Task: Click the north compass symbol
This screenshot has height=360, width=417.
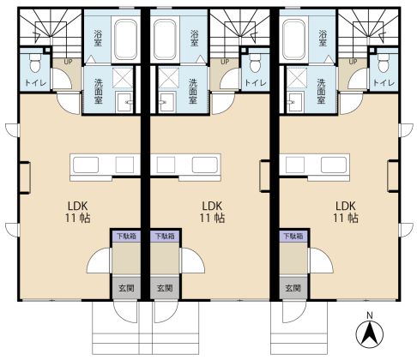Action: coord(370,333)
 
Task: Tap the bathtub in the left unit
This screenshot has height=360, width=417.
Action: coord(125,39)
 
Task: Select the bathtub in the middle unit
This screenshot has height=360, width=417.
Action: coord(165,39)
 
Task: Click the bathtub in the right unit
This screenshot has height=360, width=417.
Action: coord(293,39)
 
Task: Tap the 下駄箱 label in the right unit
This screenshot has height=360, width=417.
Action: coord(293,237)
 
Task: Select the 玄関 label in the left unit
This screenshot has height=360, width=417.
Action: coord(126,288)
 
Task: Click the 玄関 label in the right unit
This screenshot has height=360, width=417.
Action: coord(293,288)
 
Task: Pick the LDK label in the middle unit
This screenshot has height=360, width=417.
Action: coord(212,206)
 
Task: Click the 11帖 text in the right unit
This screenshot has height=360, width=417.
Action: coord(346,219)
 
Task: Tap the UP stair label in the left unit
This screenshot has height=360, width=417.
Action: coord(68,62)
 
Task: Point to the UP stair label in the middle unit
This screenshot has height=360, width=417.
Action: coord(225,62)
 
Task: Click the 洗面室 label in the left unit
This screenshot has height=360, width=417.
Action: coord(99,91)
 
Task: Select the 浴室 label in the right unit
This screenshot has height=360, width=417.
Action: coord(323,39)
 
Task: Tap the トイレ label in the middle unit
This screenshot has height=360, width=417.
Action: coord(256,83)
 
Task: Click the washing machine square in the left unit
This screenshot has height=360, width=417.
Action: coord(123,78)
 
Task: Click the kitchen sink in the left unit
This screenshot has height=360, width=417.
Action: coord(86,165)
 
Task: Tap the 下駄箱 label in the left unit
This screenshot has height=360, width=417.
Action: coord(126,237)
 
